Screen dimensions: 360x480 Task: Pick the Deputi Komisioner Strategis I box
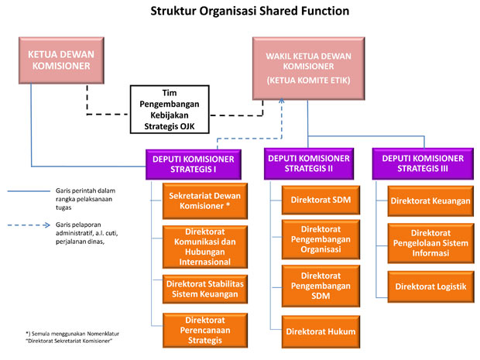[190, 164]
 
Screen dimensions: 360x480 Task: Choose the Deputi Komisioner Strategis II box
[309, 164]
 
